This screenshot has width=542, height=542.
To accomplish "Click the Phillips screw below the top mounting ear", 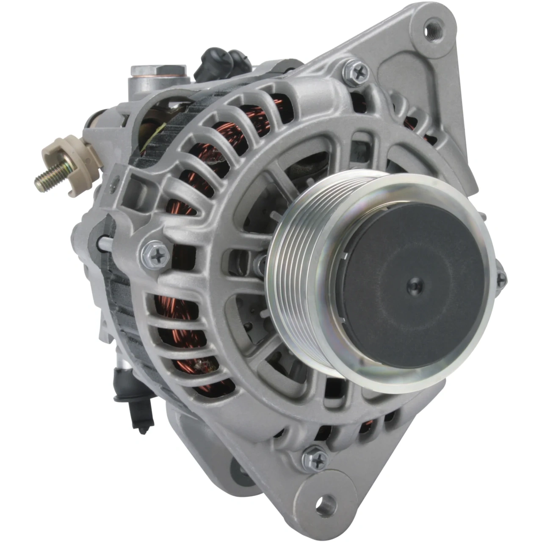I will click(x=356, y=72).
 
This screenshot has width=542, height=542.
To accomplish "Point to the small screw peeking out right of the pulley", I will click(x=501, y=278).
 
